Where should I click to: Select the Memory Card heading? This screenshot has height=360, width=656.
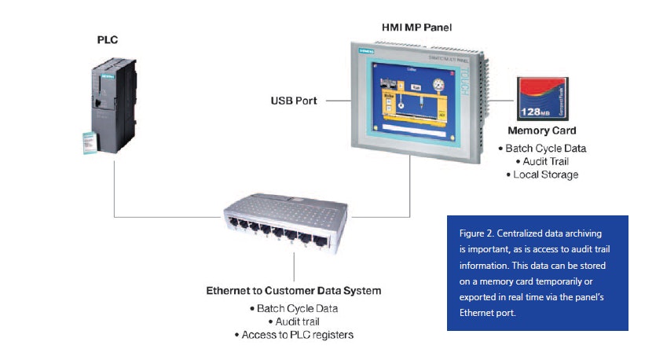click(x=542, y=130)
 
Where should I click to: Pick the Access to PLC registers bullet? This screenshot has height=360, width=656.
click(x=294, y=336)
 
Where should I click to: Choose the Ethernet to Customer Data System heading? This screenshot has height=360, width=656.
click(x=294, y=291)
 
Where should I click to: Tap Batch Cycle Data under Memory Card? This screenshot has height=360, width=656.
click(x=541, y=148)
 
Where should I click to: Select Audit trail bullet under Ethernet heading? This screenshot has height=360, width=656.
click(x=294, y=321)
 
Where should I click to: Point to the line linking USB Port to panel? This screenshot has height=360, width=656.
click(x=338, y=101)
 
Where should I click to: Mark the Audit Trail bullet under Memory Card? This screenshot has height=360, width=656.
click(x=541, y=161)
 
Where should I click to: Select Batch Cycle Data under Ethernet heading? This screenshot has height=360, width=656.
click(x=294, y=307)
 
